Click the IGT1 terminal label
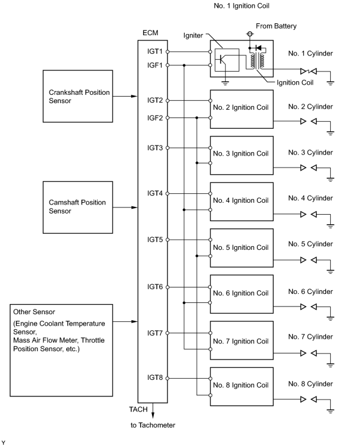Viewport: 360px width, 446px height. click(x=155, y=51)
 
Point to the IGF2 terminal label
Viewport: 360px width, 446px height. click(x=155, y=117)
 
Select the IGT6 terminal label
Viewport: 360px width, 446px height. click(x=155, y=287)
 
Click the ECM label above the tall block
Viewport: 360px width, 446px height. click(x=150, y=33)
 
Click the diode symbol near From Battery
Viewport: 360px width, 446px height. click(x=259, y=48)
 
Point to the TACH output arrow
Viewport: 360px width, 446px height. click(x=153, y=410)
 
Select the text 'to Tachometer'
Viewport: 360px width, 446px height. click(x=153, y=425)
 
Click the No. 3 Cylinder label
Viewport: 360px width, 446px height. click(x=311, y=153)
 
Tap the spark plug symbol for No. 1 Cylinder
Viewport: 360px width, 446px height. click(x=309, y=71)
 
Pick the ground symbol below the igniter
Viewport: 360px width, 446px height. click(x=225, y=83)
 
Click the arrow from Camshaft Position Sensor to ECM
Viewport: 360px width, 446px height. click(x=125, y=207)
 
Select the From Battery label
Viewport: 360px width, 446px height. click(x=276, y=26)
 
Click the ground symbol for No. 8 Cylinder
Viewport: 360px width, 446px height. click(x=330, y=410)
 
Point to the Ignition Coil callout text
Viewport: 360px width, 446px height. click(x=295, y=83)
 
